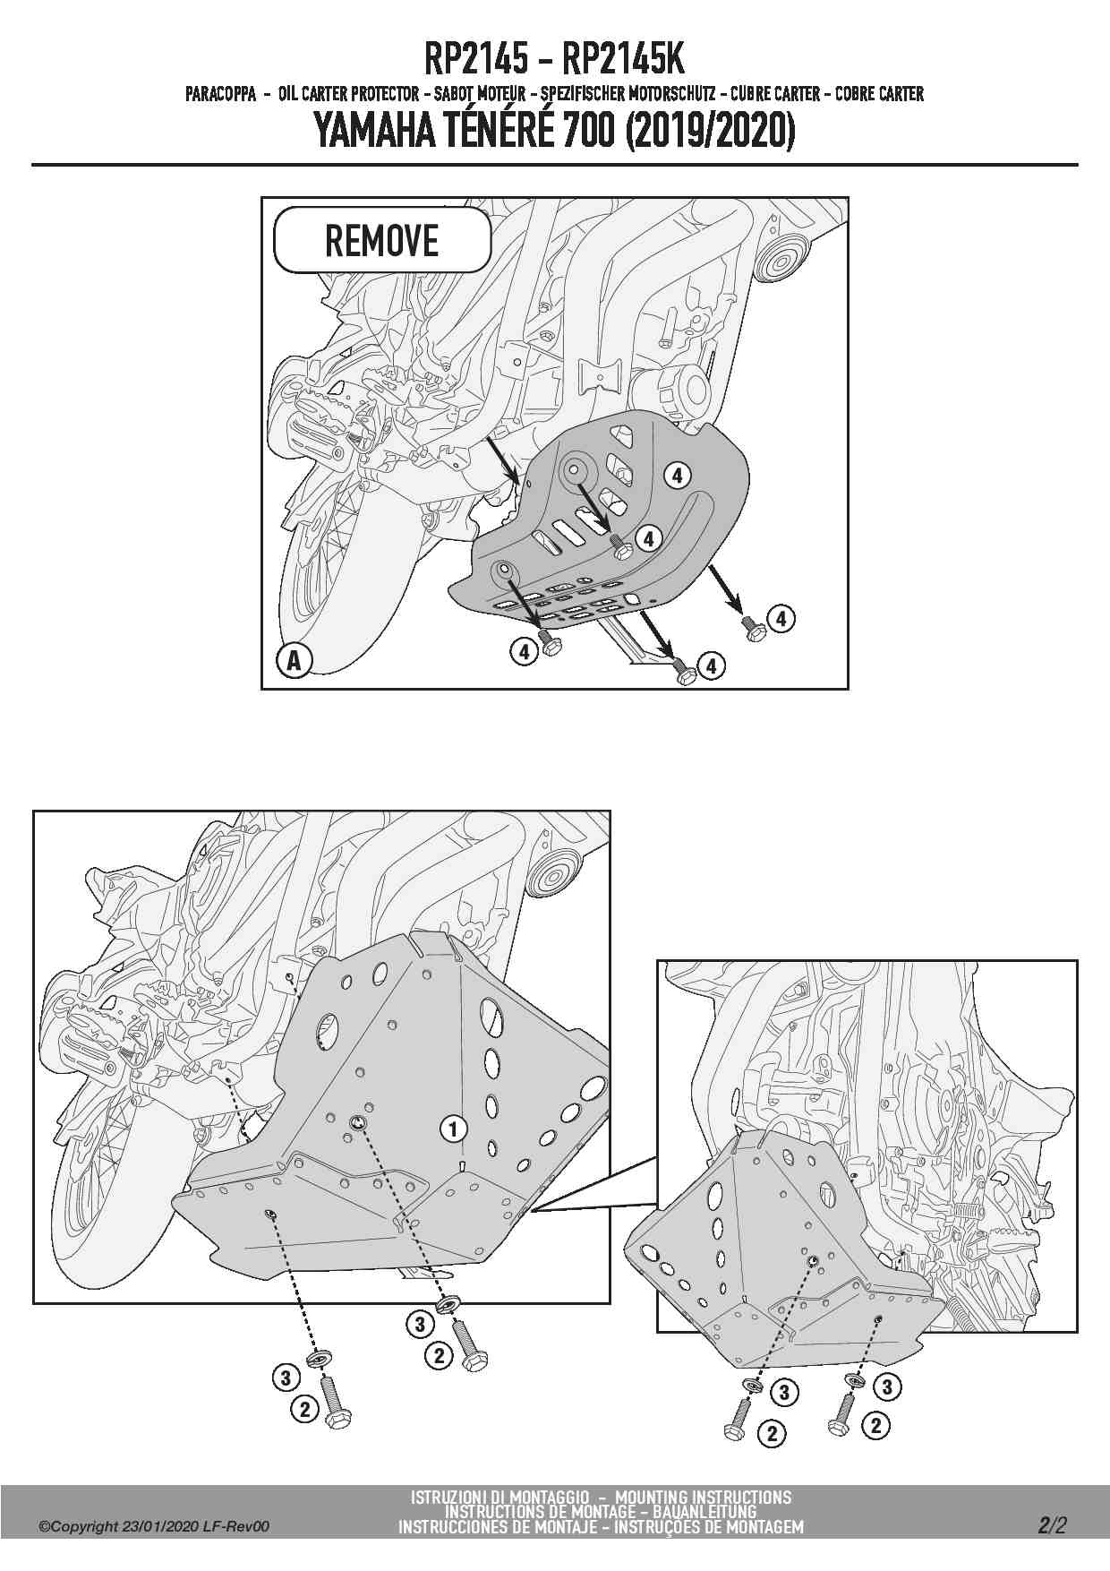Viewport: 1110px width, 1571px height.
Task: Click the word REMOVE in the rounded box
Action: (381, 241)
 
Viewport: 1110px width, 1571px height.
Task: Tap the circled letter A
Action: (294, 661)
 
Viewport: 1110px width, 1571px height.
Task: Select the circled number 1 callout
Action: (454, 1129)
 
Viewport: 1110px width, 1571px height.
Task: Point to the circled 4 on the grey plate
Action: (677, 476)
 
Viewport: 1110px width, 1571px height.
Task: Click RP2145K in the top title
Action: (623, 60)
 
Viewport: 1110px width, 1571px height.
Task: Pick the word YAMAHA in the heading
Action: (375, 133)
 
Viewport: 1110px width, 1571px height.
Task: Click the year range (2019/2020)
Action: (709, 133)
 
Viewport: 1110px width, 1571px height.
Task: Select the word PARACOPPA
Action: (221, 93)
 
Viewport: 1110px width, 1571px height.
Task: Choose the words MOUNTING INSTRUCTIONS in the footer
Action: (704, 1497)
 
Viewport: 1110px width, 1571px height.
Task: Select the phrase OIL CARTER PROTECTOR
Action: (348, 93)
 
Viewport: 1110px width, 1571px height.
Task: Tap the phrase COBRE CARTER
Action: (879, 93)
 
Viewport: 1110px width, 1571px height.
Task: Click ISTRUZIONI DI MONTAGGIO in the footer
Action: (499, 1497)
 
